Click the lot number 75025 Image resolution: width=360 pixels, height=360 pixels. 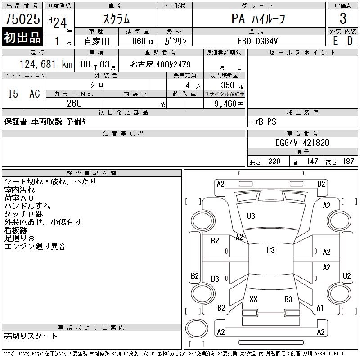click(22, 19)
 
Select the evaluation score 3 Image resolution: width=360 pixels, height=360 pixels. click(343, 19)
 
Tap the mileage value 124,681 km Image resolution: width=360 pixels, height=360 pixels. click(45, 64)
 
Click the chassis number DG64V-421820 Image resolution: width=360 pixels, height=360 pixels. click(302, 143)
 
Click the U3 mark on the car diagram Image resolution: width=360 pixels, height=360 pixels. click(251, 216)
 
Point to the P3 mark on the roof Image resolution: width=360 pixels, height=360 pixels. click(270, 250)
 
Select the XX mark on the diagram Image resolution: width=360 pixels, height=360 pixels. click(253, 299)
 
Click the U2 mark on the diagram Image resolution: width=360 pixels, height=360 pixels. click(346, 275)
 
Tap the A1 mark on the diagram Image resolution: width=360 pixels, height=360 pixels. click(320, 308)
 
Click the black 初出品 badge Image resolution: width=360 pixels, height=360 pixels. click(22, 38)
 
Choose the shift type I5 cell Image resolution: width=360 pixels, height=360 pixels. click(13, 94)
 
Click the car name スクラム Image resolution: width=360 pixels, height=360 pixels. click(116, 19)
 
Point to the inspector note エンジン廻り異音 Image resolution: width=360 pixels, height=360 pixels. click(35, 246)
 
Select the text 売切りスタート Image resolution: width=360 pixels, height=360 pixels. click(31, 336)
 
